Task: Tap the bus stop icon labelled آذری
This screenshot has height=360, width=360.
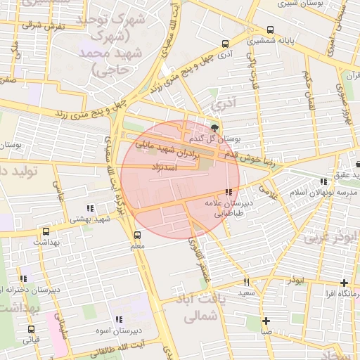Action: [x=224, y=43]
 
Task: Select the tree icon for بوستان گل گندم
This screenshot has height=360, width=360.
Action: [x=214, y=127]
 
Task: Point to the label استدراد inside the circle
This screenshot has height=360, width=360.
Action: [x=164, y=167]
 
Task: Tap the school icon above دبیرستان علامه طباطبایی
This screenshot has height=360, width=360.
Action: [x=228, y=192]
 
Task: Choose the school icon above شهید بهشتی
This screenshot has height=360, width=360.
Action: [x=89, y=208]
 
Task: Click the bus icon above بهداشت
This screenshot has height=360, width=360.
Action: [x=46, y=231]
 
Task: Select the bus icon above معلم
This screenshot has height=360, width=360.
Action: [x=138, y=236]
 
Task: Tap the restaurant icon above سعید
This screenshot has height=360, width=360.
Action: [x=246, y=282]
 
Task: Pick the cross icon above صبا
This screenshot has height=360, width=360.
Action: [x=266, y=321]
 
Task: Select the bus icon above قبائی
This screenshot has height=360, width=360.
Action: [x=32, y=328]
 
